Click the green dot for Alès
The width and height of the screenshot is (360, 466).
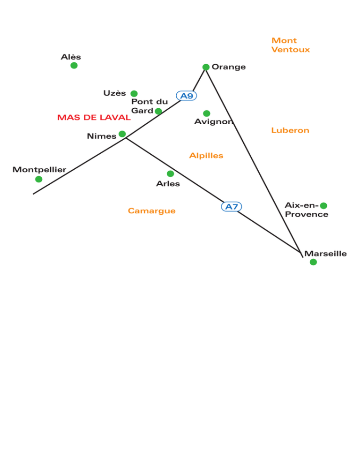[74, 65]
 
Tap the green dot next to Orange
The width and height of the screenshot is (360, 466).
[206, 67]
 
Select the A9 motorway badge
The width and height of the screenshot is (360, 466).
[187, 96]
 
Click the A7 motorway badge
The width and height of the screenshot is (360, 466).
[231, 207]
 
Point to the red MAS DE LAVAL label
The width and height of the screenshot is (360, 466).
[94, 117]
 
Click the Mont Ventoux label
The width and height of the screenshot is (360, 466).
[291, 45]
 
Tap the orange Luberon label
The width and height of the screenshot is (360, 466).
[290, 130]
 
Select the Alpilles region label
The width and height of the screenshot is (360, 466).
[206, 156]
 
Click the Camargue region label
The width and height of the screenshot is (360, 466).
[151, 210]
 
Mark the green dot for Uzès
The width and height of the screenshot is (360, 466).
[134, 94]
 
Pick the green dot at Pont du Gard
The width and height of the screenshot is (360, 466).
[158, 111]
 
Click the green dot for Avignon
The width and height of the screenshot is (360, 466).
[207, 113]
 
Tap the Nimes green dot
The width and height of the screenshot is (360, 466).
[122, 134]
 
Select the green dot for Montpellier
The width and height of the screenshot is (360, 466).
[38, 179]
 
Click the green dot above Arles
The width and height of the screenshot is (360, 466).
[170, 173]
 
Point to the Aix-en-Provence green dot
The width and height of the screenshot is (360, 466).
[324, 205]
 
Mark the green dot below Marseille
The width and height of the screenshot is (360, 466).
[313, 262]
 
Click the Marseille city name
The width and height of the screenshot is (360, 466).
[325, 254]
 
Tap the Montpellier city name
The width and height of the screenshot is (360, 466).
[39, 170]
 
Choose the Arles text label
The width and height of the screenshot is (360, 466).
[168, 184]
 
